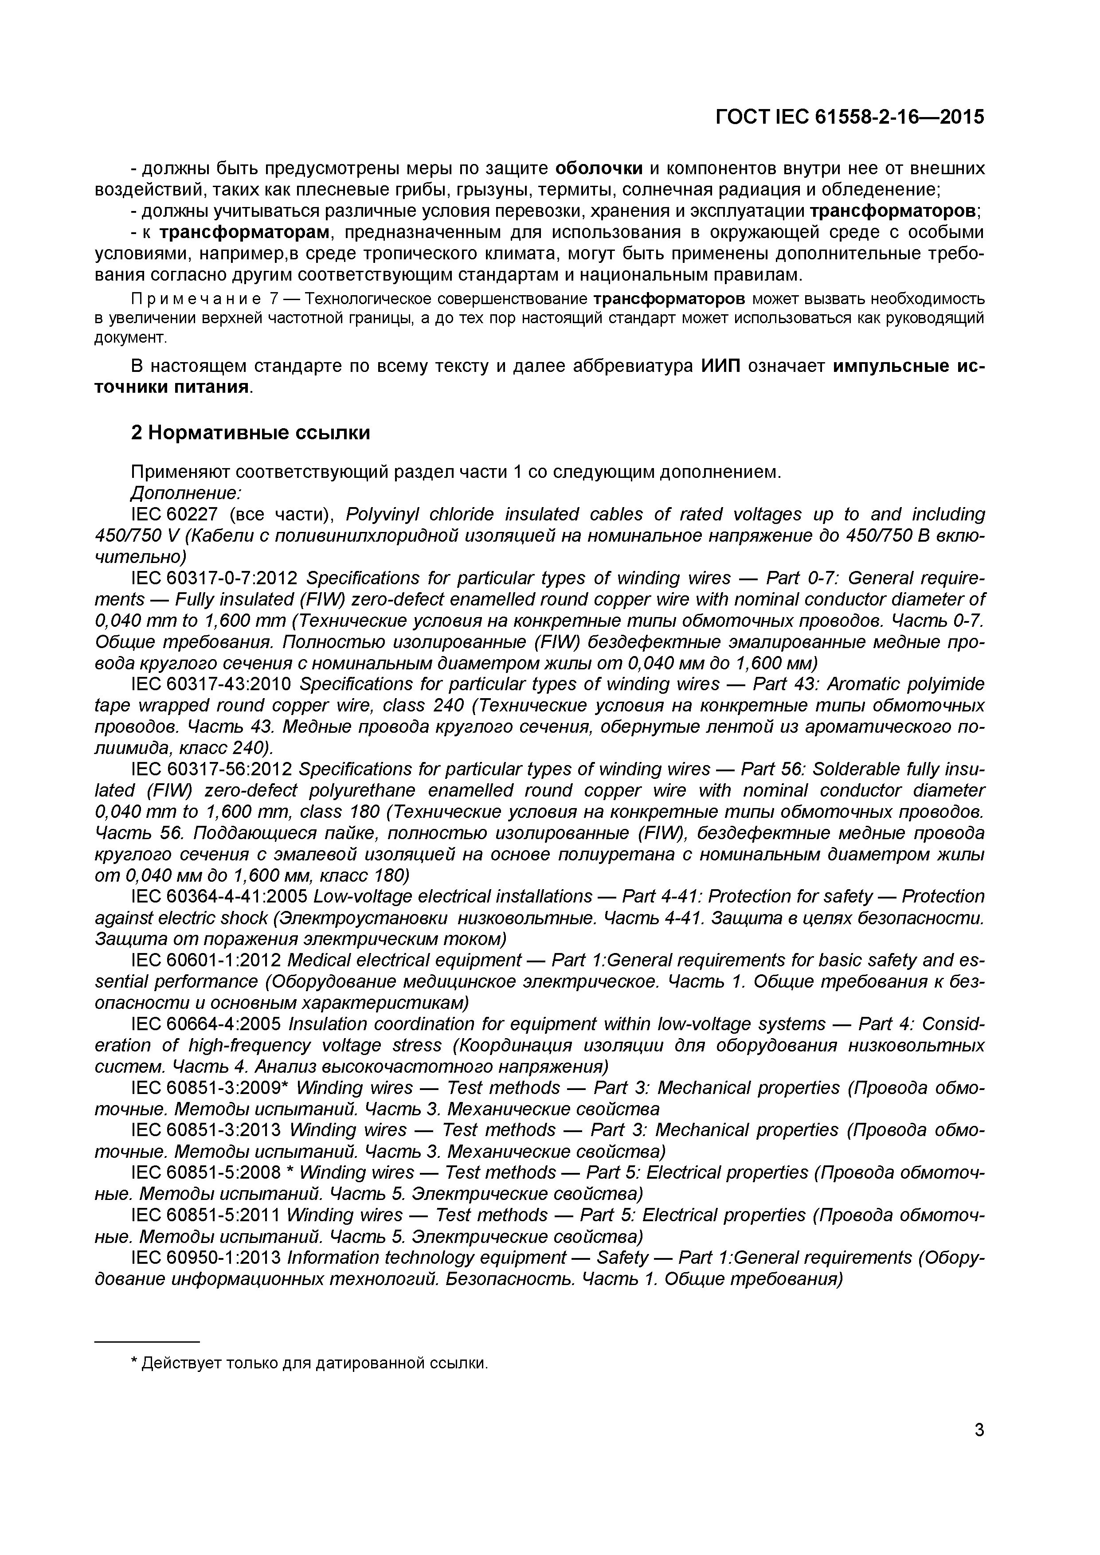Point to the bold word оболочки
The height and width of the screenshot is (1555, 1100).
[598, 168]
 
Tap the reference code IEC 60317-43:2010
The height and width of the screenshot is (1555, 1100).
[211, 684]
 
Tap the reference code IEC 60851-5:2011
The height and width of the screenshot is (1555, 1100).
[205, 1216]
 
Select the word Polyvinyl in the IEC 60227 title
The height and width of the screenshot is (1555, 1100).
[375, 514]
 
